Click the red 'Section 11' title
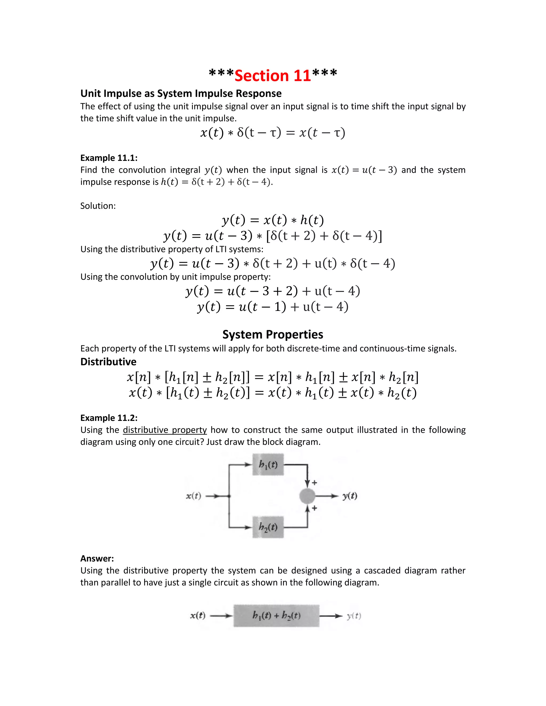(273, 75)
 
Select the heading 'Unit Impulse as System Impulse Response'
(181, 94)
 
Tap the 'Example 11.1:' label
(109, 158)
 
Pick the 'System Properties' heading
(273, 334)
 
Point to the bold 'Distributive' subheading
(108, 362)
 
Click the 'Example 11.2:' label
(109, 418)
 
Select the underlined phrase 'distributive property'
(165, 430)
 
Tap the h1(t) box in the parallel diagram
(268, 465)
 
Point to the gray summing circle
(307, 496)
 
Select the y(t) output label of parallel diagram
(350, 496)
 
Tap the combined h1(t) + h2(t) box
(276, 615)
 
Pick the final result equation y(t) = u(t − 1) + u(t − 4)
(273, 306)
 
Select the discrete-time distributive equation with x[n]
(273, 377)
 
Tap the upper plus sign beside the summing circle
(314, 483)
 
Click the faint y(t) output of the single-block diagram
(354, 616)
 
